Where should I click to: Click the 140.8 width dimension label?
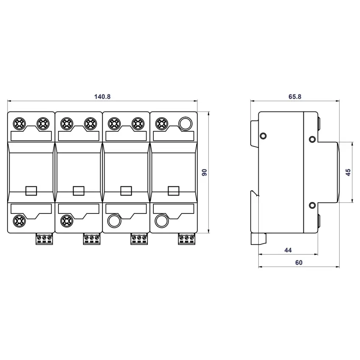tap(102, 97)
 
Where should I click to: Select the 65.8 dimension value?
tap(295, 97)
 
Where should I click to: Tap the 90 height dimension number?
tap(204, 172)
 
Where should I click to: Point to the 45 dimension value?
tap(348, 172)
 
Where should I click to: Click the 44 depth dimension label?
tap(288, 250)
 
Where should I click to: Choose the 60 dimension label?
tap(299, 263)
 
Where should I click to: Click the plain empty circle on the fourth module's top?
tap(185, 124)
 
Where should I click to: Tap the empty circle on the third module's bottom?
tap(114, 221)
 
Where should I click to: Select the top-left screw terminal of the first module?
tap(19, 124)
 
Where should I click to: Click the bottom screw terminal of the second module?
tap(67, 221)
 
